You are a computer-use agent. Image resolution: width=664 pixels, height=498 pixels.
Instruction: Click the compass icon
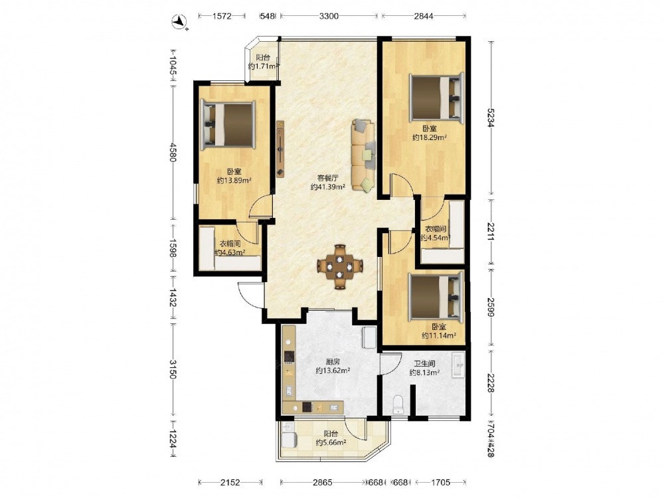[x=181, y=21]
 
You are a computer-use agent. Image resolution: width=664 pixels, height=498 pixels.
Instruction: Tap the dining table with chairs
[x=340, y=267]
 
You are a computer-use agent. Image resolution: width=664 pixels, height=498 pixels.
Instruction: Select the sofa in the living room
[x=363, y=155]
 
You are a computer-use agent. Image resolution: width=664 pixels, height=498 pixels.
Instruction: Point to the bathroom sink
[x=459, y=365]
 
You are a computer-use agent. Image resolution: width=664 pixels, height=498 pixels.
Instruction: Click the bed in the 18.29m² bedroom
[x=437, y=98]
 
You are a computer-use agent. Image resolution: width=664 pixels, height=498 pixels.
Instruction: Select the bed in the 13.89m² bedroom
[x=228, y=125]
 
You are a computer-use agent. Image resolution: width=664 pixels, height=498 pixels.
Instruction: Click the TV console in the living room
[x=280, y=149]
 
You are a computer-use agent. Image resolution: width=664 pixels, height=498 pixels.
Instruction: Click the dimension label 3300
[x=329, y=16]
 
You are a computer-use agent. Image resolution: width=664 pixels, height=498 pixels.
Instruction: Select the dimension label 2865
[x=322, y=482]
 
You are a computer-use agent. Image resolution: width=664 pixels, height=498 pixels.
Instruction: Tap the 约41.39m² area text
[x=327, y=187]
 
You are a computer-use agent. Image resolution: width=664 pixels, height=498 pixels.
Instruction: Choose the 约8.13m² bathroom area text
[x=424, y=373]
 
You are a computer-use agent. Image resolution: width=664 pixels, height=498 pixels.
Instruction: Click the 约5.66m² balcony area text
[x=331, y=442]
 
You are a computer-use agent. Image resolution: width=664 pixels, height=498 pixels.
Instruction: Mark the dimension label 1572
[x=222, y=16]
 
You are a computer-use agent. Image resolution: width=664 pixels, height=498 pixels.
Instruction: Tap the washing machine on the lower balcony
[x=290, y=439]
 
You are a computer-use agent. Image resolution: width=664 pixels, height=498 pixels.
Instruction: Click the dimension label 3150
[x=173, y=369]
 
